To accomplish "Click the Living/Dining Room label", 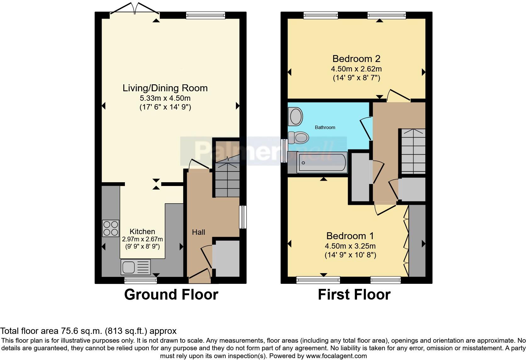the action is coord(165,88).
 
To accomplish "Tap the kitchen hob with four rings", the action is coord(111,228).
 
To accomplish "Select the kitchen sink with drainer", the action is coord(136,267).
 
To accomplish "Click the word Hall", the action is coord(199,232).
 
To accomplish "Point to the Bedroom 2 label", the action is coord(356,59).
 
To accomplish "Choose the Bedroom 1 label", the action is coord(350,236).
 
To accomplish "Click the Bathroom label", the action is coord(325,127).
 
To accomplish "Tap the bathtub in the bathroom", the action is coord(322,162).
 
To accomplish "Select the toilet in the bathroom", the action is coord(298,138).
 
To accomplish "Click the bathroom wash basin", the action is coord(295,116).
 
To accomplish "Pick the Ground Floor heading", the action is coord(171,295).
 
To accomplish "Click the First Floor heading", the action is coord(354,295).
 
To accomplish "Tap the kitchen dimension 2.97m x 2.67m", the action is coord(142,239).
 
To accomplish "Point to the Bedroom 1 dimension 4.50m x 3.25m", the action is coord(350,246).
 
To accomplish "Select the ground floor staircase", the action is coord(227,176).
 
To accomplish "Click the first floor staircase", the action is coord(413,151).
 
